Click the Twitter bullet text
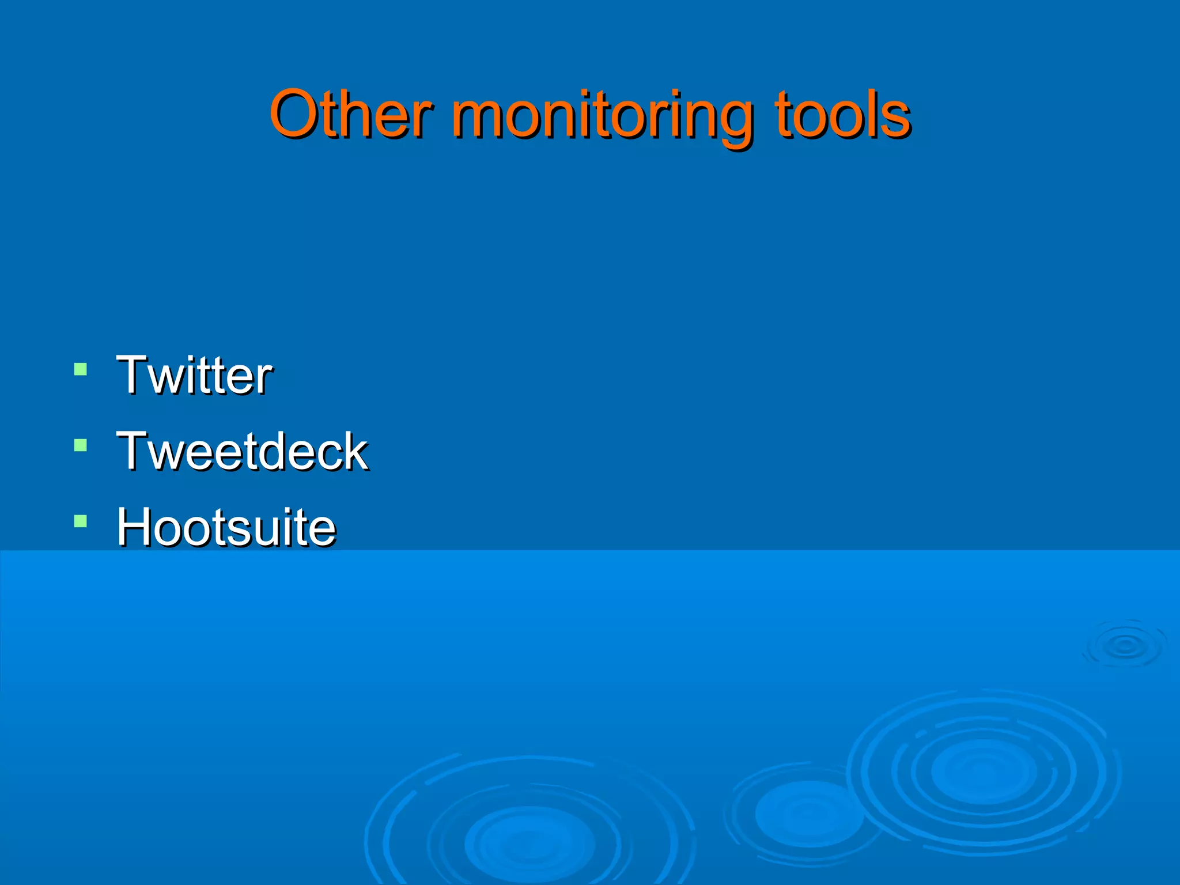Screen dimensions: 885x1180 coord(194,375)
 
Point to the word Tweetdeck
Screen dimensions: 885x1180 coord(242,451)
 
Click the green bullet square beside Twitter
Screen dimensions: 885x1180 coord(81,369)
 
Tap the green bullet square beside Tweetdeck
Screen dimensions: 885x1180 coord(81,445)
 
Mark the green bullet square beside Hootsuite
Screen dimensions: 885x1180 coord(81,521)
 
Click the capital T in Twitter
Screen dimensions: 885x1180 coord(134,375)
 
